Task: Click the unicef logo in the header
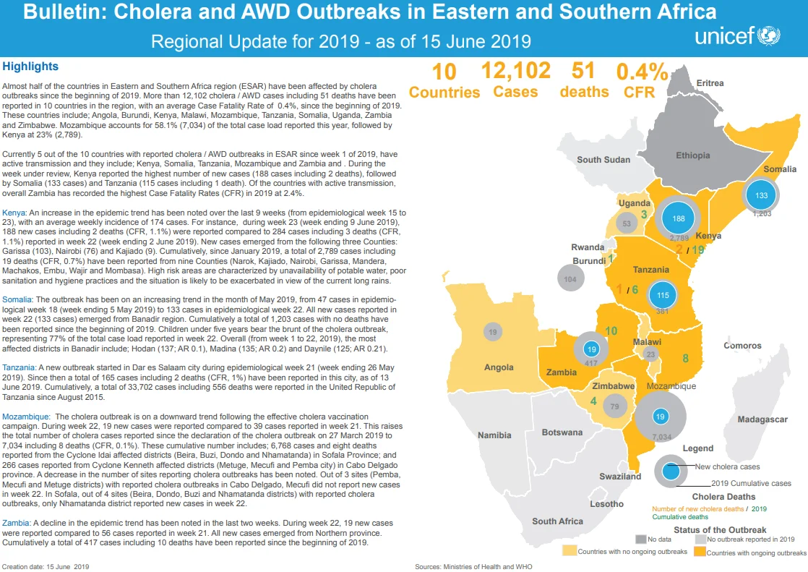click(737, 35)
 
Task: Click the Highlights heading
click(30, 67)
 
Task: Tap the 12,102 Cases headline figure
click(516, 80)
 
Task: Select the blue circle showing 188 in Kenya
click(679, 218)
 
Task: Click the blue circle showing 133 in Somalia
click(761, 195)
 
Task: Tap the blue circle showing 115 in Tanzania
click(663, 296)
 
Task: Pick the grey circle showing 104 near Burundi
click(570, 279)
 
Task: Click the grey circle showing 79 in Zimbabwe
click(614, 406)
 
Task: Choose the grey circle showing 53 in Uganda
click(626, 224)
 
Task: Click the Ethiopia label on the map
click(692, 155)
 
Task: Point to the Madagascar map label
click(762, 419)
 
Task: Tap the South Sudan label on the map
click(603, 159)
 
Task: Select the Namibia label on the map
click(494, 435)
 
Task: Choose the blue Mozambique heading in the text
click(26, 417)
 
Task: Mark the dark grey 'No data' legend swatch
click(640, 539)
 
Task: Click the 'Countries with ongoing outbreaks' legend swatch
click(700, 551)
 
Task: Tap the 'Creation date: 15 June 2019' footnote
click(46, 566)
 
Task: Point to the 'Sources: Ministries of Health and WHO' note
click(473, 566)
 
